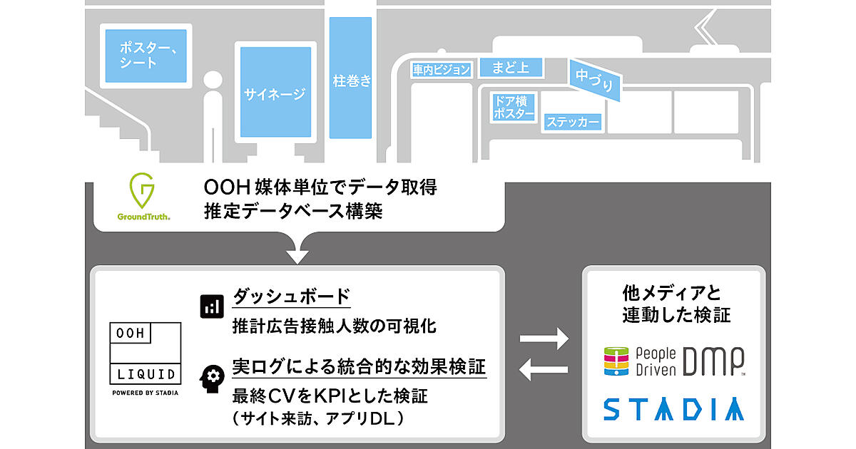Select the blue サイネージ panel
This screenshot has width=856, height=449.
(275, 92)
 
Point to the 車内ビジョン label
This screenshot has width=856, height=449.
(442, 70)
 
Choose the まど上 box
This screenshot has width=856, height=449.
(511, 68)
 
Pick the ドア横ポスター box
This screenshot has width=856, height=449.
(514, 107)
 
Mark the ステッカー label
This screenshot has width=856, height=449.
(574, 123)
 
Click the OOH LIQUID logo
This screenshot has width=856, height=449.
(145, 353)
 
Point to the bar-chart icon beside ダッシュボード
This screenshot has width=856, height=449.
(211, 305)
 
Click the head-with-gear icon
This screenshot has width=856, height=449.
(211, 378)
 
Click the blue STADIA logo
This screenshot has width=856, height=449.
(674, 409)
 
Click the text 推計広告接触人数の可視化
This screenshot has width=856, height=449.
(334, 326)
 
